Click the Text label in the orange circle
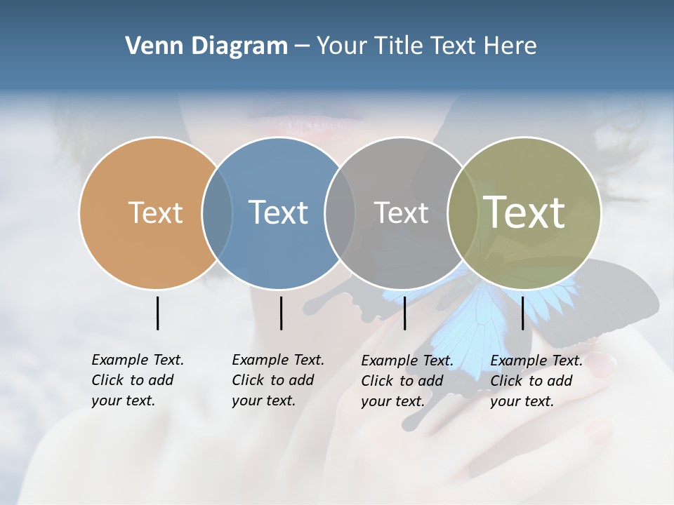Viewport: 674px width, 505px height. (155, 213)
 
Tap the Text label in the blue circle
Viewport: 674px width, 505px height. (278, 213)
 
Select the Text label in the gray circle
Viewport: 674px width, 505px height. (401, 213)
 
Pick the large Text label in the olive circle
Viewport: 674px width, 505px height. (524, 212)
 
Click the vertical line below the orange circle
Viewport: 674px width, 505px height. (157, 313)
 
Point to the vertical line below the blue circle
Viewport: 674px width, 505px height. (281, 313)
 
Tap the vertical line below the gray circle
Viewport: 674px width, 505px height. (404, 313)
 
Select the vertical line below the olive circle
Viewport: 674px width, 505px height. (522, 313)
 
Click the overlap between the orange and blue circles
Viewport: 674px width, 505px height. (217, 213)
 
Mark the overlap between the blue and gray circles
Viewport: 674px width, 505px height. (340, 213)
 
